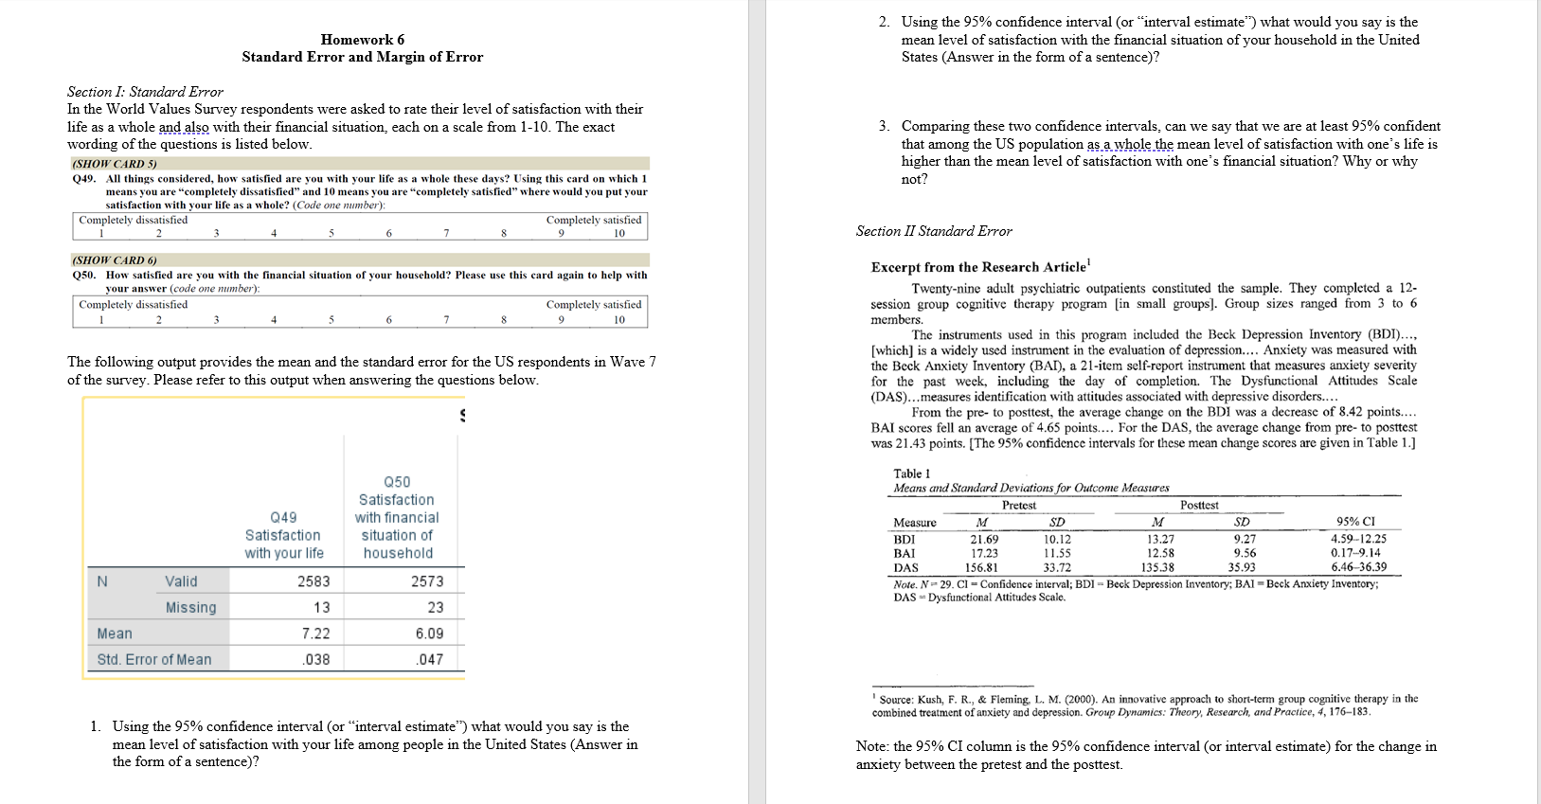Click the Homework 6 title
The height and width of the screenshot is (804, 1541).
point(362,40)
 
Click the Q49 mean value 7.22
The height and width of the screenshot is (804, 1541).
point(315,634)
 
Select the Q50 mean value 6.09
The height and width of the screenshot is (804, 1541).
point(429,634)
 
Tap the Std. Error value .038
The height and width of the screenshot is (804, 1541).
point(316,659)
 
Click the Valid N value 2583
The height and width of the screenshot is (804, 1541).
point(314,581)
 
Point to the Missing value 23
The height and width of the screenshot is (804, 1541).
point(435,607)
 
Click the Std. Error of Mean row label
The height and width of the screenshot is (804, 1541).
point(154,659)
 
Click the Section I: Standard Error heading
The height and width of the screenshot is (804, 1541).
point(145,92)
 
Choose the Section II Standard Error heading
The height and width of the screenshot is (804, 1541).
point(934,231)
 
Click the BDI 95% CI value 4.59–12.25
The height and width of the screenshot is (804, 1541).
point(1358,539)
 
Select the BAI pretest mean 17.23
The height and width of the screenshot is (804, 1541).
point(984,553)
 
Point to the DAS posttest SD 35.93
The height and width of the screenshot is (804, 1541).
point(1241,567)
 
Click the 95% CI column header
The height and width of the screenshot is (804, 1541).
point(1355,522)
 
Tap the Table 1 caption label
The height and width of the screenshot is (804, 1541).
point(911,473)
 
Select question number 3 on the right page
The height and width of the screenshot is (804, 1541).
point(883,126)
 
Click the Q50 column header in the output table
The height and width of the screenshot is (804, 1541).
point(397,517)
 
